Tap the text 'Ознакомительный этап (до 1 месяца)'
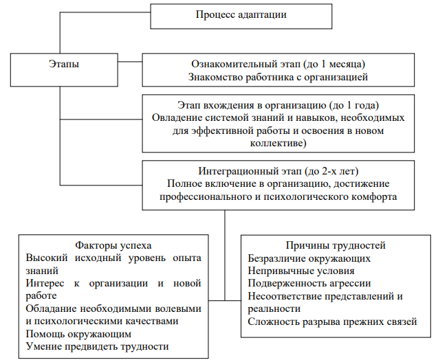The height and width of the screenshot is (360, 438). pos(278,64)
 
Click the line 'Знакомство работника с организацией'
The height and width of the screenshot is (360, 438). pos(278,77)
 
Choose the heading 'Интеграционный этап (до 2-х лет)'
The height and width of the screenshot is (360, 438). pos(278,170)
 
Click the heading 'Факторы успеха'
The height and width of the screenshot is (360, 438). pos(113,245)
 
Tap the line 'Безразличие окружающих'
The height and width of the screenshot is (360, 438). pos(309,258)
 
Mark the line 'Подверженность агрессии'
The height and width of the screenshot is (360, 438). pos(309,283)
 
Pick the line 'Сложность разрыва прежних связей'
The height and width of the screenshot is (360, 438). pos(332,321)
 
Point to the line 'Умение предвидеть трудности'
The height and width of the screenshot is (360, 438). pos(97,346)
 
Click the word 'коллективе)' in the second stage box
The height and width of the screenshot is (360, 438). pos(278,143)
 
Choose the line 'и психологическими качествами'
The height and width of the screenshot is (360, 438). pos(102,321)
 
